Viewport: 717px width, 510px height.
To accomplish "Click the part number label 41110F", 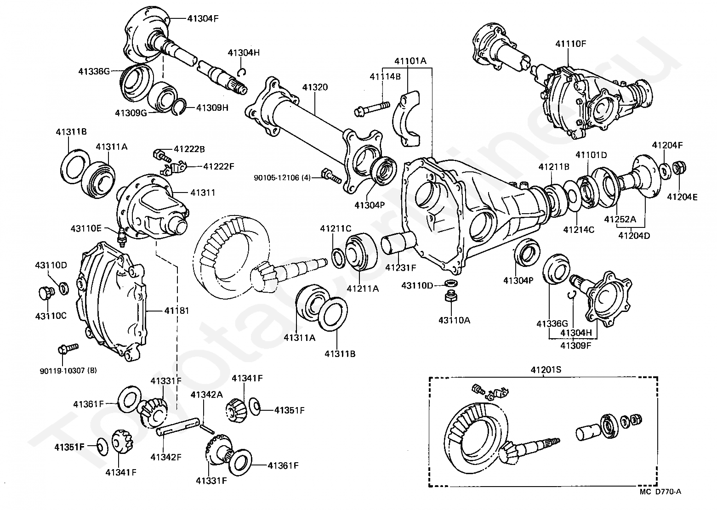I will (570, 44).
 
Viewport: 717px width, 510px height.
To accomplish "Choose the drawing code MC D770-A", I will (660, 492).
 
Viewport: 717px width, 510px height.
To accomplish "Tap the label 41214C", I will (579, 229).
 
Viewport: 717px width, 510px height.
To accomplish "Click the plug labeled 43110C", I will (45, 293).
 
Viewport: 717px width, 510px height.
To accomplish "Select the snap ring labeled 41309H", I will (179, 108).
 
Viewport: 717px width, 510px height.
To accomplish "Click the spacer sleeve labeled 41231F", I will (398, 244).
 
